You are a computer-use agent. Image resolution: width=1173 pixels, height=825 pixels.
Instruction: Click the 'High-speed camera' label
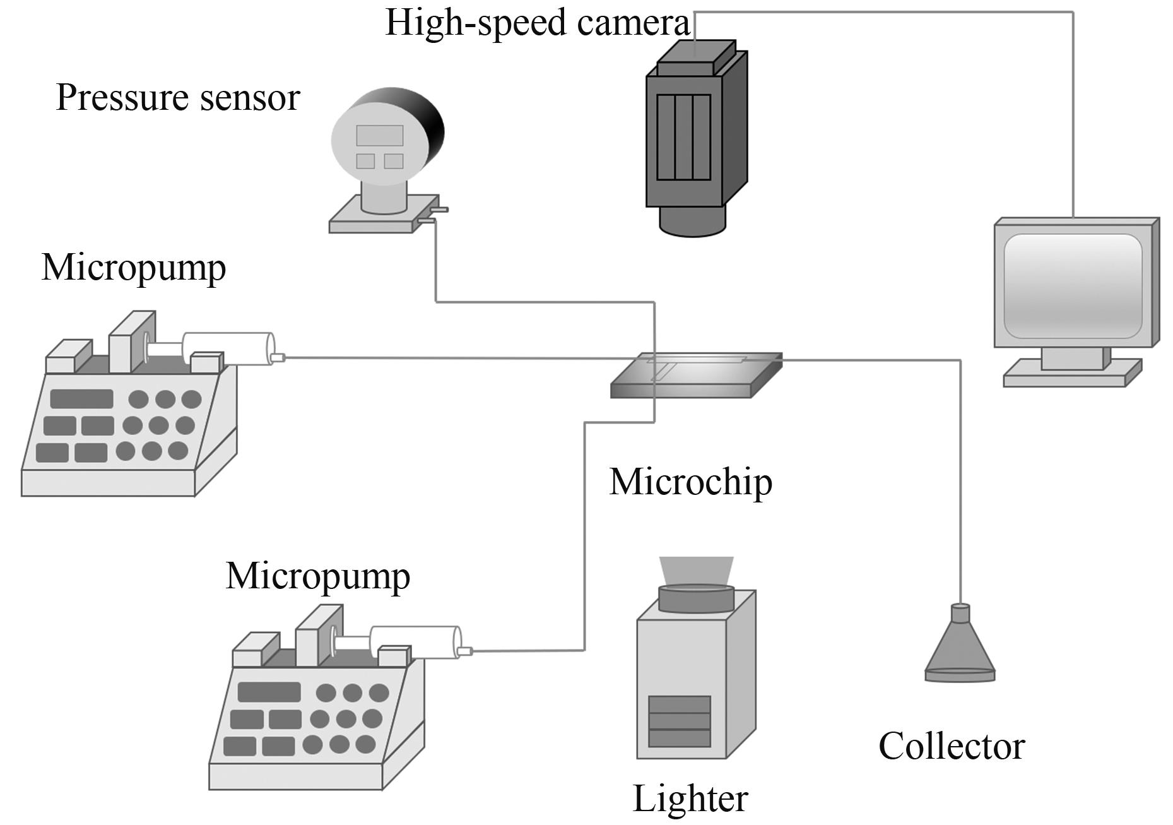[x=537, y=23]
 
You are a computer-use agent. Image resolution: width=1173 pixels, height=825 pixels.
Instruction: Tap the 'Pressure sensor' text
[x=178, y=98]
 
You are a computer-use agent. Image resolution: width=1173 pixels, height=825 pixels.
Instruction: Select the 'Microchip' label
[x=690, y=482]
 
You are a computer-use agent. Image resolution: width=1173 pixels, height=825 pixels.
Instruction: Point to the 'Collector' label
[x=952, y=747]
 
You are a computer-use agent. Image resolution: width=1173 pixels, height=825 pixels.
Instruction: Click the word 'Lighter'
[x=690, y=799]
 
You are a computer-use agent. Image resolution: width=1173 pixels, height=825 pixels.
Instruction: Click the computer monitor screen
[x=1073, y=286]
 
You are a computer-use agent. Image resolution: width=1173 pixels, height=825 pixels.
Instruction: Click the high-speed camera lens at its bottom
[x=693, y=222]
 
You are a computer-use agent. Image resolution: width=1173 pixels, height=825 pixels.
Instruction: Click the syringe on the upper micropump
[x=228, y=348]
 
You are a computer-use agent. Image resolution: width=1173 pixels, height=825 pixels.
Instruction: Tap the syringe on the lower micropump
[x=415, y=643]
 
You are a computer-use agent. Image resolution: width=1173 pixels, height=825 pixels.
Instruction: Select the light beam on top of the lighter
[x=697, y=571]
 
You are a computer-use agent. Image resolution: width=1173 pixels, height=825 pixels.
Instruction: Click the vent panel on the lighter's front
[x=680, y=721]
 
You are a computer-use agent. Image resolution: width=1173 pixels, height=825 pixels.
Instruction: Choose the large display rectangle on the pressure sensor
[x=379, y=135]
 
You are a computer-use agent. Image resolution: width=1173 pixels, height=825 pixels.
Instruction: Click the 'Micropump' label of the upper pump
[x=134, y=268]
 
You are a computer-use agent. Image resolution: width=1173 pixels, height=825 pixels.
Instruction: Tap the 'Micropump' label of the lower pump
[x=318, y=576]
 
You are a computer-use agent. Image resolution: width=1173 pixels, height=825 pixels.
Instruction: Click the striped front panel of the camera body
[x=683, y=138]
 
